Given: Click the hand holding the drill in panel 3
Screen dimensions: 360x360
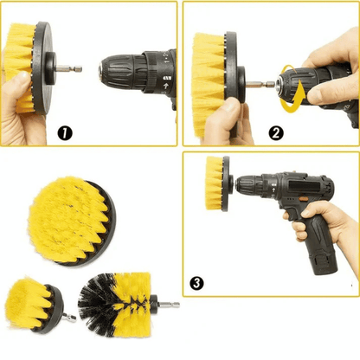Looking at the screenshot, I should click(325, 225).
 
